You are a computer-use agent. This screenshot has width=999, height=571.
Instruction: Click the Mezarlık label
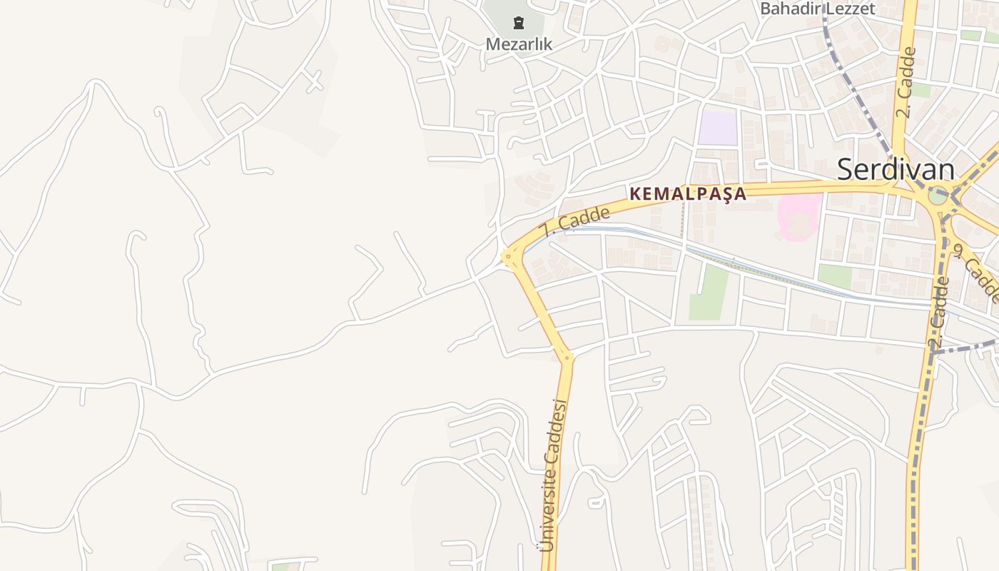(519, 44)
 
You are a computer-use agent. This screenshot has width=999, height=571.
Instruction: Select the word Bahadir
(791, 9)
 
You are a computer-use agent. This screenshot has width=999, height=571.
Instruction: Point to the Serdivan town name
(896, 170)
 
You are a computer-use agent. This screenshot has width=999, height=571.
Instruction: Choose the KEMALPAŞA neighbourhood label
(688, 193)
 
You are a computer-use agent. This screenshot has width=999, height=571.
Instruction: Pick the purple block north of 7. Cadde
(717, 128)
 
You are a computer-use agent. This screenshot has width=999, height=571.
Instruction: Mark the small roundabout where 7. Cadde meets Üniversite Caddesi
(509, 256)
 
